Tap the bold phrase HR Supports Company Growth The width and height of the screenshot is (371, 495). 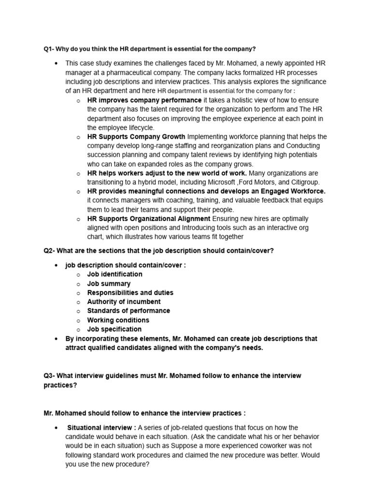tap(136, 137)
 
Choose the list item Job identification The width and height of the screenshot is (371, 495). tap(114, 274)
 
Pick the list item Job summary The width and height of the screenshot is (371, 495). tap(109, 283)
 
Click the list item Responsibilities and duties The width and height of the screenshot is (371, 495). tap(130, 292)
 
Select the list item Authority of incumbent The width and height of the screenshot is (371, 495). tap(121, 302)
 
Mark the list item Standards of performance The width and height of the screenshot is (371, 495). tap(128, 311)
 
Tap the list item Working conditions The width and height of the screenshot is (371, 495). tap(118, 320)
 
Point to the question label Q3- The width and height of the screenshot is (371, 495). tap(51, 376)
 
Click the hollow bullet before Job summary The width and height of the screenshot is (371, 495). tap(78, 284)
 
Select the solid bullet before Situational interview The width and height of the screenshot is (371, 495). tap(57, 428)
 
